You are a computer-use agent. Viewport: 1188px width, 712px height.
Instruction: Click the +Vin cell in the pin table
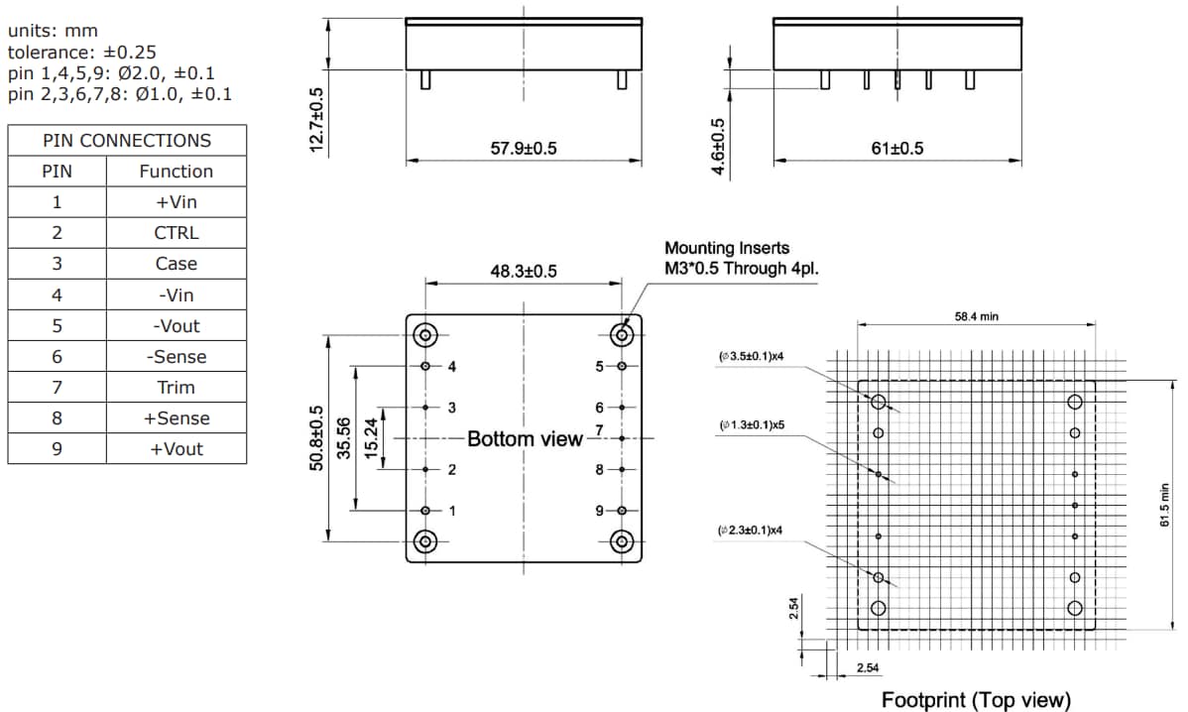tap(176, 202)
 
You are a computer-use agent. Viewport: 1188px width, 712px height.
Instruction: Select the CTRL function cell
tap(176, 233)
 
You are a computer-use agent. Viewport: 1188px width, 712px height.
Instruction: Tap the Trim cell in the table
tap(176, 388)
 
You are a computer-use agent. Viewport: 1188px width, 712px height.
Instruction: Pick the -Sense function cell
tap(176, 357)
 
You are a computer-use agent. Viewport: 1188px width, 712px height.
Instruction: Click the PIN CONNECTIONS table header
tap(127, 141)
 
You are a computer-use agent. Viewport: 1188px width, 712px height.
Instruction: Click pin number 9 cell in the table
tap(57, 449)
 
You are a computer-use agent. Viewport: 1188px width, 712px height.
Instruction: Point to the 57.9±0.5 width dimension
tap(524, 149)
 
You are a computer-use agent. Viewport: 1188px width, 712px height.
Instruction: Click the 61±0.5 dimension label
tap(896, 149)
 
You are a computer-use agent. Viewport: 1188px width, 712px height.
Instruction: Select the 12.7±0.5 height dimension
tap(316, 119)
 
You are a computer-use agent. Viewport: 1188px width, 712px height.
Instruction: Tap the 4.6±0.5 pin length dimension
tap(720, 148)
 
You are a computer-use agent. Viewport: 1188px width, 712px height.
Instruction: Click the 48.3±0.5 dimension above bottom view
tap(524, 271)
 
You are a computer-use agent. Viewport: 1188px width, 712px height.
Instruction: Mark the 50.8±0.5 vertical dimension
tap(317, 437)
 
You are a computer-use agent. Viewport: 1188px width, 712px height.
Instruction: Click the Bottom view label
tap(525, 438)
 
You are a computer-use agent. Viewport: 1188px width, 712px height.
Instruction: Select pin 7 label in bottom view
tap(599, 430)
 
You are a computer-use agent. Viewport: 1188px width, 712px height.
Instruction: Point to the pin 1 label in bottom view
tap(451, 511)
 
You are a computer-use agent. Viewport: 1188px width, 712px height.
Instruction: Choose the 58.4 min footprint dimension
tap(976, 316)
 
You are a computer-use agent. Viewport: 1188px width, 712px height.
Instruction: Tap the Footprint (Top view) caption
tap(976, 700)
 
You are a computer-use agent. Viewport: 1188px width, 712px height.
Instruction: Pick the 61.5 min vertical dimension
tap(1166, 506)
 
